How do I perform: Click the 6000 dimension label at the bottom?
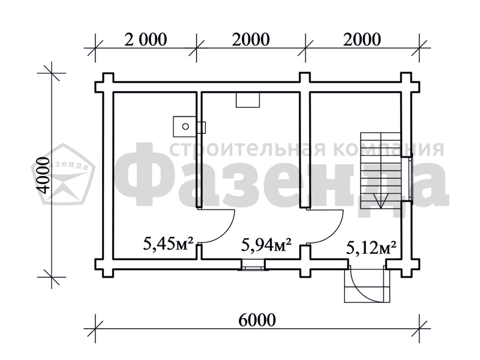tap(257, 320)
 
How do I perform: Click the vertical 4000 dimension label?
tap(42, 175)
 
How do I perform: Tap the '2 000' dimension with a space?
tap(146, 39)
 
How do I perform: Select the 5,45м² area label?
tap(168, 244)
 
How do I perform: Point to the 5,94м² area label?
tap(266, 244)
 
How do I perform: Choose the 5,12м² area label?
tap(371, 248)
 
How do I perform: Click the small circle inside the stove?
tap(185, 127)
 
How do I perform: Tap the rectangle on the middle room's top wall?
tap(248, 100)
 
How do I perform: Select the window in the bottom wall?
tap(252, 265)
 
